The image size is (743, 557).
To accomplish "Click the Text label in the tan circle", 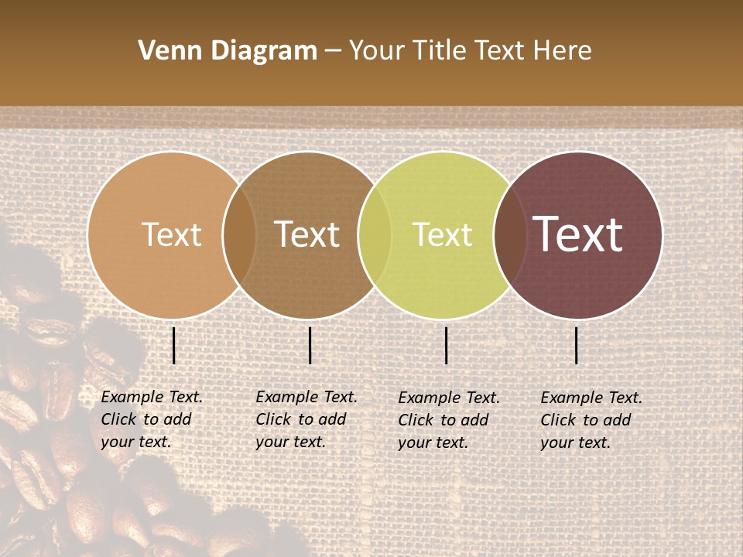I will pyautogui.click(x=171, y=234).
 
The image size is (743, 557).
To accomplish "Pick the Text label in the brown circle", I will pyautogui.click(x=307, y=234).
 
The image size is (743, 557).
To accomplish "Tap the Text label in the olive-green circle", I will pyautogui.click(x=442, y=234).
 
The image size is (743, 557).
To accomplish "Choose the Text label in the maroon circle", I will pyautogui.click(x=578, y=234).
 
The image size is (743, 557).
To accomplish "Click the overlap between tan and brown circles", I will pyautogui.click(x=239, y=234).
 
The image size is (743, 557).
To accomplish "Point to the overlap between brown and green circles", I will pyautogui.click(x=375, y=234).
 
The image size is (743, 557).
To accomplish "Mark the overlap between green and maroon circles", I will pyautogui.click(x=510, y=234).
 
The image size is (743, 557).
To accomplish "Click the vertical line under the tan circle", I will pyautogui.click(x=173, y=345).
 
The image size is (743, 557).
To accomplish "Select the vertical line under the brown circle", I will pyautogui.click(x=310, y=345).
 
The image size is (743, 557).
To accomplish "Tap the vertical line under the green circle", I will pyautogui.click(x=446, y=345).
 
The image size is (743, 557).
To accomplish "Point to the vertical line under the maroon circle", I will pyautogui.click(x=576, y=345).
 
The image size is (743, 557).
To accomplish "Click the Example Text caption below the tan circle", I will pyautogui.click(x=152, y=419).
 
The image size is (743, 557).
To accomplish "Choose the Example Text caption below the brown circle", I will pyautogui.click(x=306, y=419).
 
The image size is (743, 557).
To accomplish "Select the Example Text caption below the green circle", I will pyautogui.click(x=449, y=420).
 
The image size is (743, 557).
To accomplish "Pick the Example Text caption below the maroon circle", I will pyautogui.click(x=591, y=420).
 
